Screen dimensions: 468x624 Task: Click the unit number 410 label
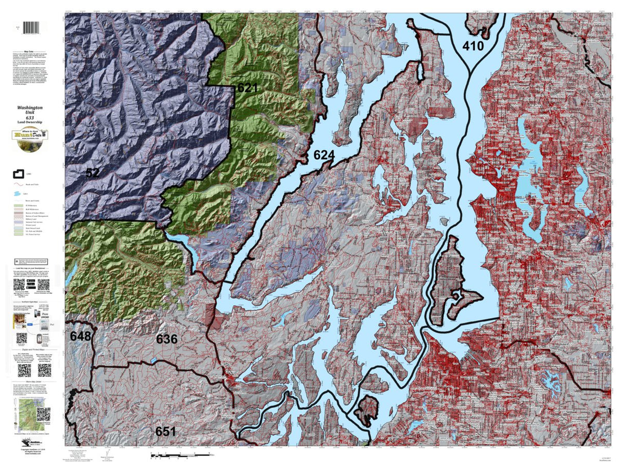[x=473, y=46]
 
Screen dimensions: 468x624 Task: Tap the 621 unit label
[x=248, y=88]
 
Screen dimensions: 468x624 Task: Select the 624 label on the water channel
[x=323, y=155]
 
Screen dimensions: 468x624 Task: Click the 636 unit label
[x=167, y=339]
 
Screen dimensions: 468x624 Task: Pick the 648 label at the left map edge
[x=81, y=336]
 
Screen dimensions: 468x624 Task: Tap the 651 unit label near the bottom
[x=165, y=431]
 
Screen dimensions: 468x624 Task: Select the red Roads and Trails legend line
[x=17, y=184]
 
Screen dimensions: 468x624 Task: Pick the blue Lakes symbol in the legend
[x=17, y=193]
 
